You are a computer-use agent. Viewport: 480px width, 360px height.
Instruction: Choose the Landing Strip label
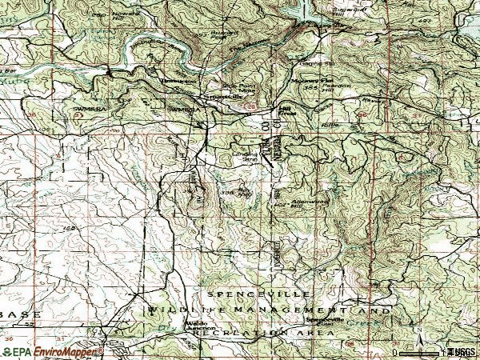click(x=243, y=158)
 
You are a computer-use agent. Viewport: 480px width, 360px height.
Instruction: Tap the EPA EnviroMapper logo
click(x=53, y=350)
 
